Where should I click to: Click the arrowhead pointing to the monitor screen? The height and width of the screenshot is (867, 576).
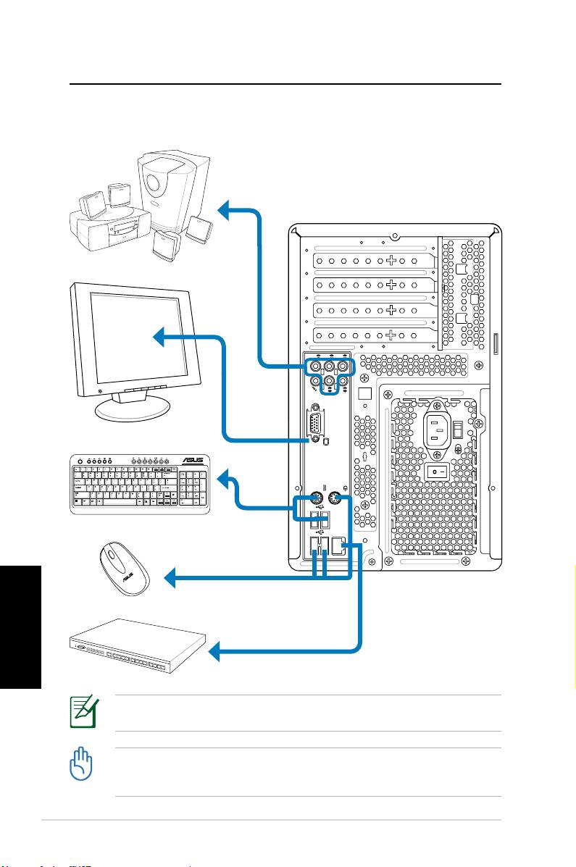(x=162, y=335)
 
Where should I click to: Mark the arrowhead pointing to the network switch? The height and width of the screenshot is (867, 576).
(x=215, y=654)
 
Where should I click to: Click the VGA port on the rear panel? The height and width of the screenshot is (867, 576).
(x=315, y=424)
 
